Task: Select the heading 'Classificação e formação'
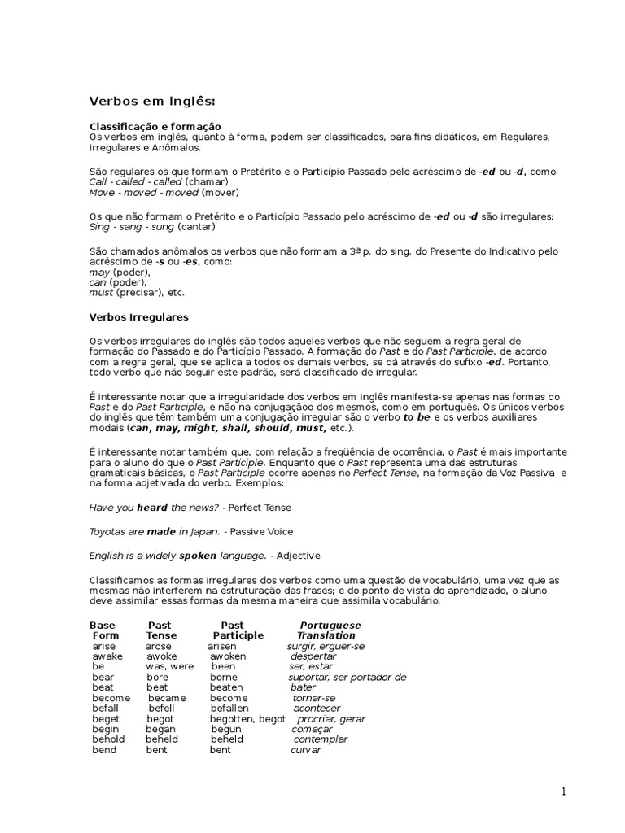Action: [155, 127]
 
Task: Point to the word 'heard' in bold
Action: [151, 508]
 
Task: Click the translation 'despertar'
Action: [313, 656]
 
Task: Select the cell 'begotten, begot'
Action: [247, 719]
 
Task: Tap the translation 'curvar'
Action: [306, 750]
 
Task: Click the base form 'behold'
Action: [108, 739]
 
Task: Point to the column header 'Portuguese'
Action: [330, 625]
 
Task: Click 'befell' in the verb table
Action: [163, 709]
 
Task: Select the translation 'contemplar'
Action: [320, 739]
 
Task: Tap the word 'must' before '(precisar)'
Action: [101, 292]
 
